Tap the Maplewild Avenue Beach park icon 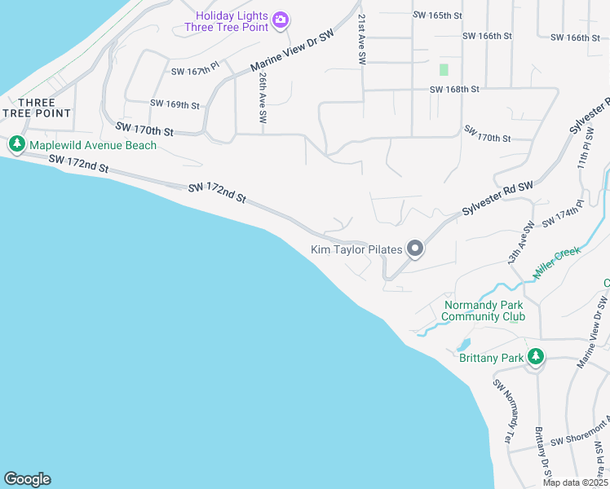pyautogui.click(x=16, y=145)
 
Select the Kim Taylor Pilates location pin pyautogui.click(x=415, y=249)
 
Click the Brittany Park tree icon pyautogui.click(x=536, y=357)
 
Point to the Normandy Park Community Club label pyautogui.click(x=482, y=311)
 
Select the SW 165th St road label pyautogui.click(x=437, y=15)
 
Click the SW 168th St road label pyautogui.click(x=453, y=89)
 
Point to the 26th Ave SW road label pyautogui.click(x=263, y=96)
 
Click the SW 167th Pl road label pyautogui.click(x=196, y=72)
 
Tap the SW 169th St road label pyautogui.click(x=175, y=104)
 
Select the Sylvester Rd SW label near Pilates pyautogui.click(x=497, y=199)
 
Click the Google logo pyautogui.click(x=27, y=479)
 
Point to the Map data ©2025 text pyautogui.click(x=575, y=482)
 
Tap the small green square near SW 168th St pyautogui.click(x=444, y=70)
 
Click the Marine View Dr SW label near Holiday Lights pyautogui.click(x=292, y=51)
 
